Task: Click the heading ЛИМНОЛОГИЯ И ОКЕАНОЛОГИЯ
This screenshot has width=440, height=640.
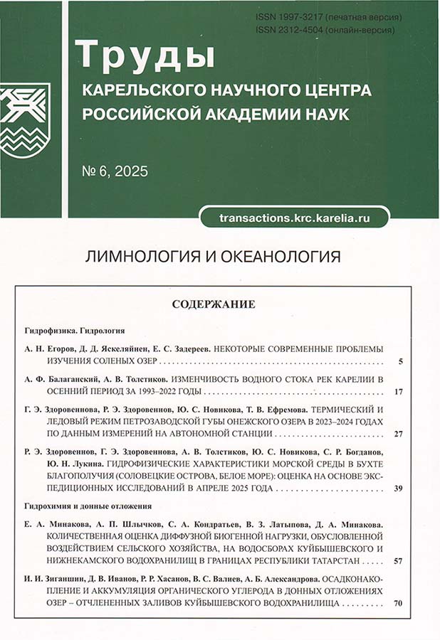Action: (x=213, y=257)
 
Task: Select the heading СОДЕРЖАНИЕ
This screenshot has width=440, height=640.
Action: (x=214, y=304)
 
